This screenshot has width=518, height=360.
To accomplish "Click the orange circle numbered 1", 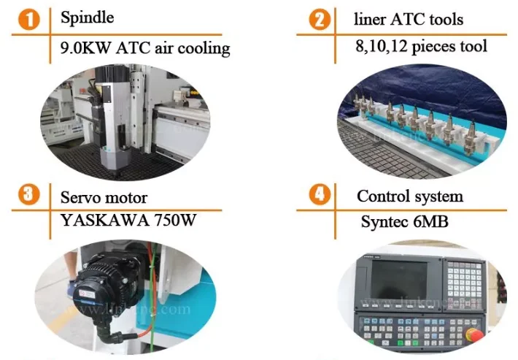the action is [x=29, y=20].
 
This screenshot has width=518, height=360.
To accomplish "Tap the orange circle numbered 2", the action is [x=319, y=20].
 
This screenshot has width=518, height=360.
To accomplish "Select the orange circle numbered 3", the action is [x=29, y=195].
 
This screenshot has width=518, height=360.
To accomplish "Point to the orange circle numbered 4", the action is [x=319, y=196].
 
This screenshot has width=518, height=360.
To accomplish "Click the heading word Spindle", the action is [x=87, y=16].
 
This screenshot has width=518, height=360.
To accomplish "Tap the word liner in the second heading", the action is [x=371, y=18].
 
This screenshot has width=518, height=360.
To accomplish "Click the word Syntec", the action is [x=384, y=222].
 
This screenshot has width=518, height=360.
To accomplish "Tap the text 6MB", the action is [x=430, y=222].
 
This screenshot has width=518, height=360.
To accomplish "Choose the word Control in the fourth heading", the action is [x=382, y=196].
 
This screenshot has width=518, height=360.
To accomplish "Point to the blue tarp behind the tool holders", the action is [x=452, y=95].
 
